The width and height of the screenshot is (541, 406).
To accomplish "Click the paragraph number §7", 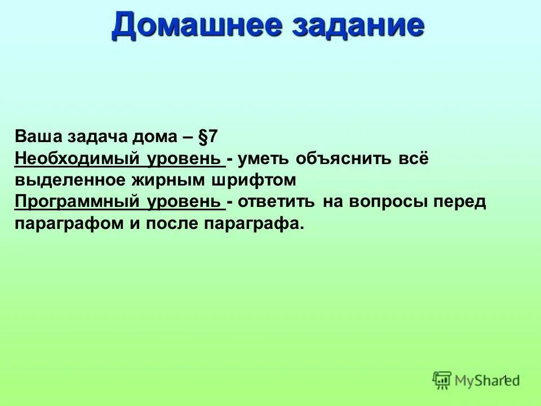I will [208, 137].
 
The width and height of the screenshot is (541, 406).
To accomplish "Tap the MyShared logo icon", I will [442, 380].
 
